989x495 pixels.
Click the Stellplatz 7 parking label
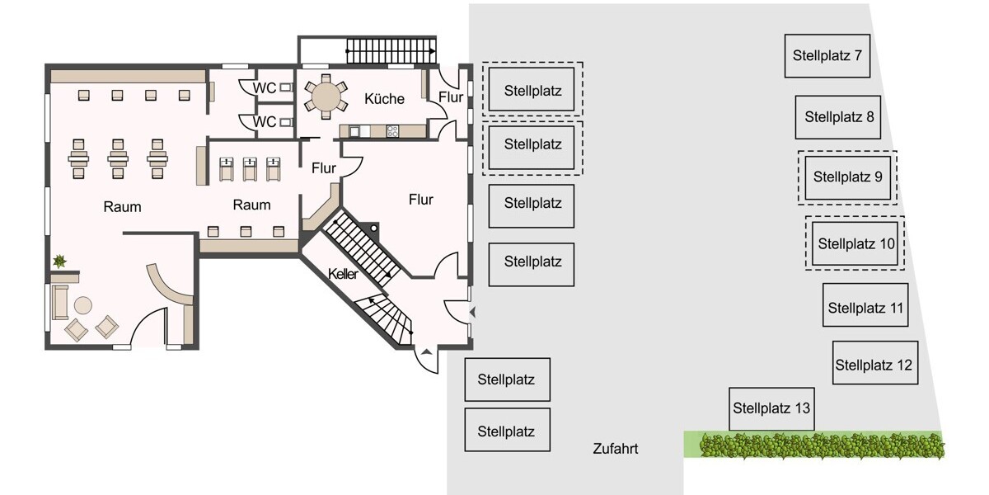click(827, 56)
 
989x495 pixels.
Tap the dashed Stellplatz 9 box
click(847, 177)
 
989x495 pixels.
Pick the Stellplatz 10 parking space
click(855, 243)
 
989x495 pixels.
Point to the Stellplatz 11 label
click(866, 309)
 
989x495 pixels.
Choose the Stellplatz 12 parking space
click(874, 365)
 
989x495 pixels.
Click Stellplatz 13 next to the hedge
click(771, 408)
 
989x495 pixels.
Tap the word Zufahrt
click(615, 450)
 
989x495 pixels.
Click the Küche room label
click(384, 99)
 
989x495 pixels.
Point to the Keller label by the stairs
click(343, 275)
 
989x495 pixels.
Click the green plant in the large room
click(60, 262)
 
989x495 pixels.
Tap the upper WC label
click(265, 87)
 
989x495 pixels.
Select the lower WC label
click(265, 122)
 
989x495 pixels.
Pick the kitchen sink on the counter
click(357, 130)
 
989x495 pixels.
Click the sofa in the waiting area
click(59, 301)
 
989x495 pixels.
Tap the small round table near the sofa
click(83, 305)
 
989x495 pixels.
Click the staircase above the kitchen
click(390, 50)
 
